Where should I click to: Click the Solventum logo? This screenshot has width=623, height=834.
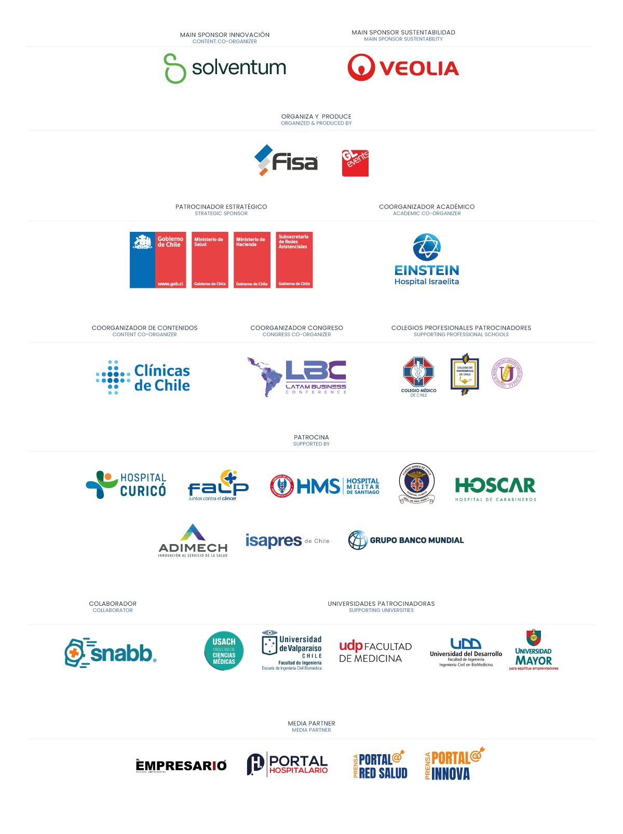coord(225,68)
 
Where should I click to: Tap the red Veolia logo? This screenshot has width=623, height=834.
coord(403,68)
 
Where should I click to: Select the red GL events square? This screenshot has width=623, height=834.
coord(355,163)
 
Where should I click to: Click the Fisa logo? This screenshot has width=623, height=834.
coord(286,161)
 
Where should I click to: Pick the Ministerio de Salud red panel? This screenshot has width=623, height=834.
coord(210,260)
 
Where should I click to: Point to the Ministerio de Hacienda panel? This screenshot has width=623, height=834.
coord(252,260)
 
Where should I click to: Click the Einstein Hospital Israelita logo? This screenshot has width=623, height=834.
coord(427,259)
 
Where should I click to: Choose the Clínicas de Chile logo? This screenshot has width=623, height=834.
coord(143,378)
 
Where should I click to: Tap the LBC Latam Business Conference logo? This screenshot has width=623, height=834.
coord(297,377)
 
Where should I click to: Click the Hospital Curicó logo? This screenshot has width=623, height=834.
coord(126,484)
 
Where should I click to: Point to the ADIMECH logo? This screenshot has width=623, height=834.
coord(193,541)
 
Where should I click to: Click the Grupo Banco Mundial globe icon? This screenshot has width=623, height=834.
coord(358,540)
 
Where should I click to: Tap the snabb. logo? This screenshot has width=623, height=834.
coord(111,652)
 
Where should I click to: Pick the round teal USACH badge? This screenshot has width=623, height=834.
coord(224,650)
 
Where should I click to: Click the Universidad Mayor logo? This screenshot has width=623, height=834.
coord(534,650)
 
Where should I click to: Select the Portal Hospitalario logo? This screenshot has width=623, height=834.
coord(287,764)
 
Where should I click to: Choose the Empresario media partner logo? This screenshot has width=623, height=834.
coord(181,766)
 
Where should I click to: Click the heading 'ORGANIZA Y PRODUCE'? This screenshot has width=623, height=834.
coord(316,116)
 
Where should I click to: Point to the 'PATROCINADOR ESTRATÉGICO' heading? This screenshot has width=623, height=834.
coord(221,206)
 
